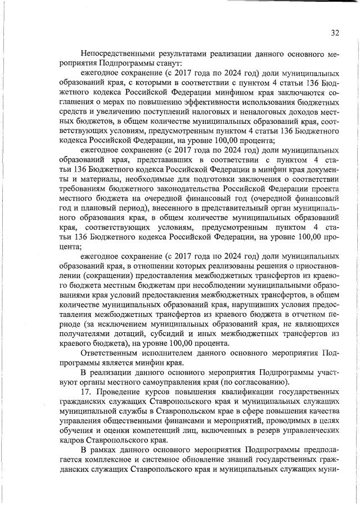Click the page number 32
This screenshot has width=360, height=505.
coord(335,33)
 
